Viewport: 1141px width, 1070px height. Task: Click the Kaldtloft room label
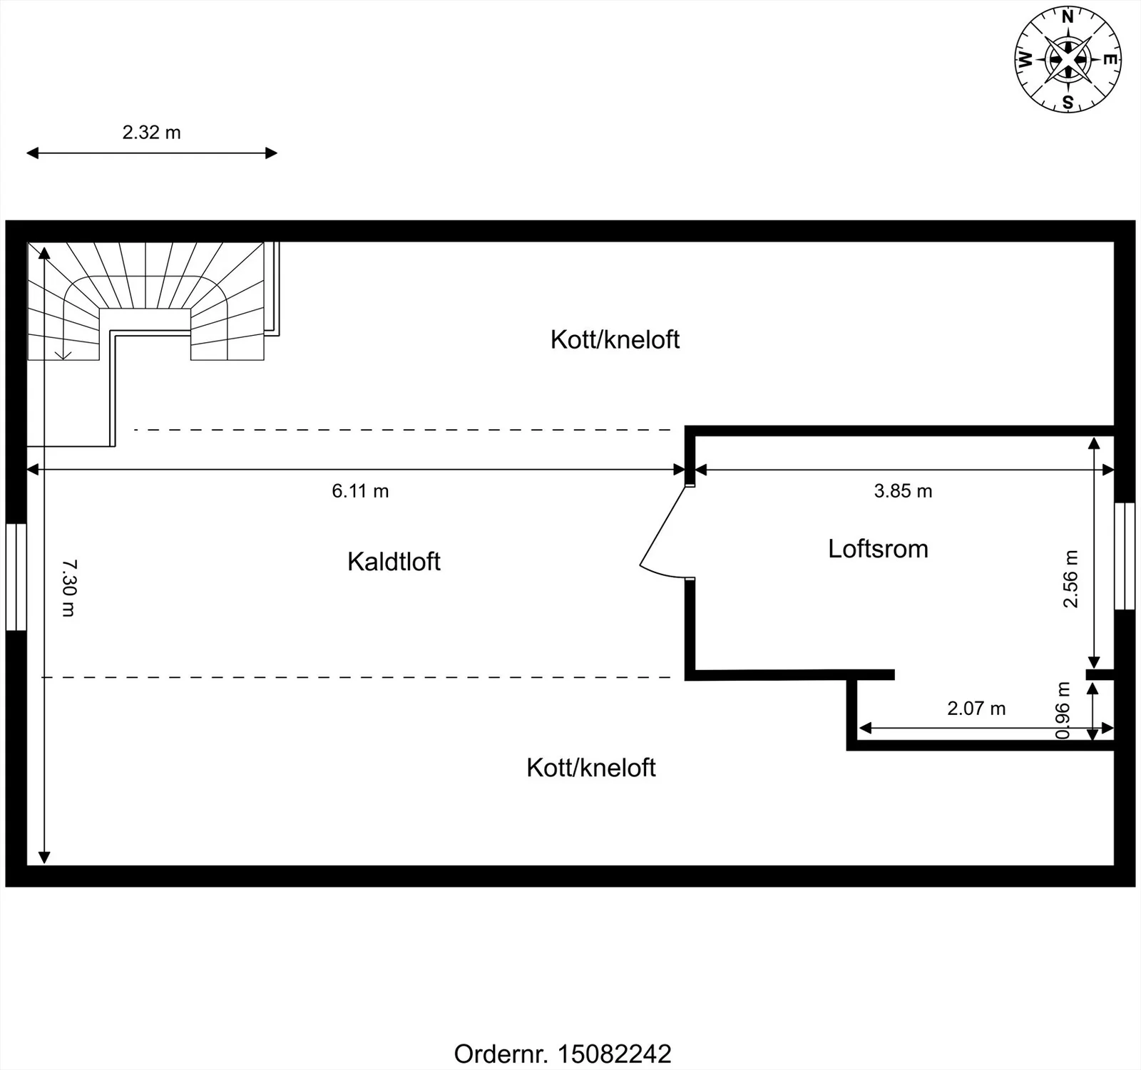pos(394,562)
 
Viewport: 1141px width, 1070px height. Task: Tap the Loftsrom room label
pos(878,549)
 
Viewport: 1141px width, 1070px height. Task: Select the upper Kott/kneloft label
pos(615,339)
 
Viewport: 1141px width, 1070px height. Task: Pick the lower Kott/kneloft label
pos(591,768)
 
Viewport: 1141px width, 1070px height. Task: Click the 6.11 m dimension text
pos(360,491)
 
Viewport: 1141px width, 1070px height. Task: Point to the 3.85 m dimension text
pos(903,491)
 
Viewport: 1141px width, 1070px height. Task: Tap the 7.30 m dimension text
pos(69,588)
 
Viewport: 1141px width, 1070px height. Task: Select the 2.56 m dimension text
pos(1070,579)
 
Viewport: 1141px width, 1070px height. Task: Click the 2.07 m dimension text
pos(976,709)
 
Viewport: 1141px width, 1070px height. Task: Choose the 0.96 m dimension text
pos(1063,711)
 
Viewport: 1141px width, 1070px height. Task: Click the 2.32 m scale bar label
pos(151,133)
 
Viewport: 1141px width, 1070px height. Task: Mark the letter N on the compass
pos(1068,18)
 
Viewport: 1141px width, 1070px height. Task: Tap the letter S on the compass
pos(1068,103)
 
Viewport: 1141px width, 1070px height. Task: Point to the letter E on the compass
pos(1110,60)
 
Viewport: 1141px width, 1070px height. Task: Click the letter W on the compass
pos(1025,60)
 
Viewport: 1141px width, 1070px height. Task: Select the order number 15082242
pos(614,1054)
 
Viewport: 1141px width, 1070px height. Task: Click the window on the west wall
pos(16,577)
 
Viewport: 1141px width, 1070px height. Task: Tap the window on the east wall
pos(1125,556)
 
